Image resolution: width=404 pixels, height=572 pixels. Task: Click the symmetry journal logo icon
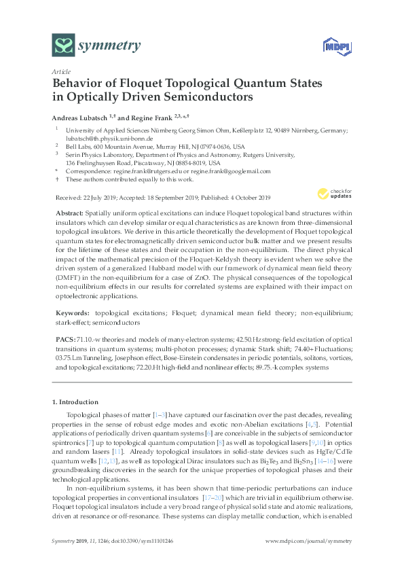pos(64,46)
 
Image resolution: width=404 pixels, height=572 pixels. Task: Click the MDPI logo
pos(330,46)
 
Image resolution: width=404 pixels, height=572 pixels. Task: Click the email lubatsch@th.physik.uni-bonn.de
pos(104,137)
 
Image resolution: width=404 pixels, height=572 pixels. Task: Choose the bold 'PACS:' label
pos(65,338)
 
